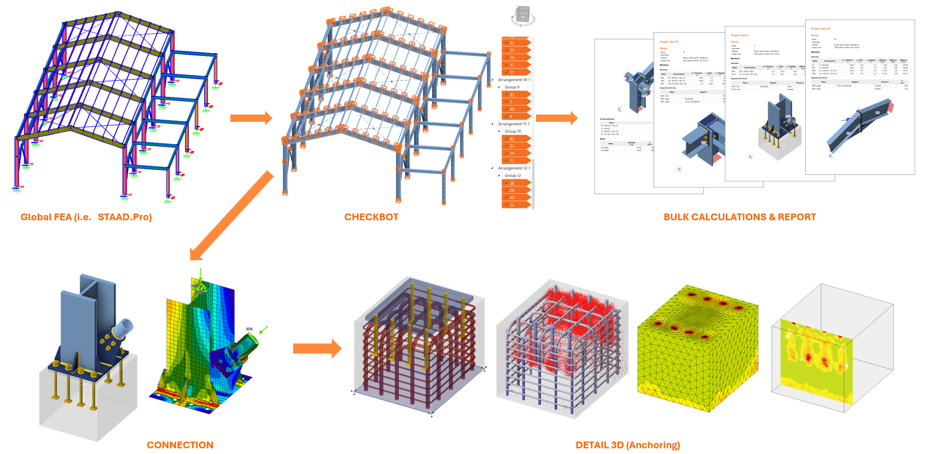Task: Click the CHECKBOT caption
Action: [x=371, y=217]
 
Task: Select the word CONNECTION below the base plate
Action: [x=180, y=445]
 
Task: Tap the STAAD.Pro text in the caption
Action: [x=125, y=217]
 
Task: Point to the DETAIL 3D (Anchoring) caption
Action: [x=627, y=445]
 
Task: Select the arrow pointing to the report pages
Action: [x=556, y=118]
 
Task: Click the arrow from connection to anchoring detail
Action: [x=317, y=349]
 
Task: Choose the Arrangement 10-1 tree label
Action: [x=514, y=80]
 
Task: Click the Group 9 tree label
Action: [x=512, y=87]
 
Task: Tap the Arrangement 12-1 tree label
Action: [x=514, y=168]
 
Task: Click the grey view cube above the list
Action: [x=522, y=15]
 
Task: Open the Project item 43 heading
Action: [x=820, y=29]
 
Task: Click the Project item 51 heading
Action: [x=669, y=42]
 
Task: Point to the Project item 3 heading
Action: [x=739, y=35]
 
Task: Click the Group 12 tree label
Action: [x=513, y=176]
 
